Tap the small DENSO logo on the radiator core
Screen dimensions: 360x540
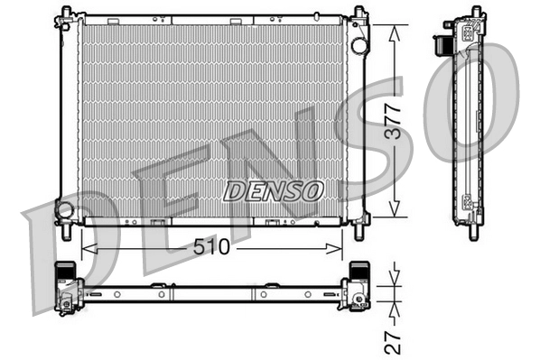tap(273, 191)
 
